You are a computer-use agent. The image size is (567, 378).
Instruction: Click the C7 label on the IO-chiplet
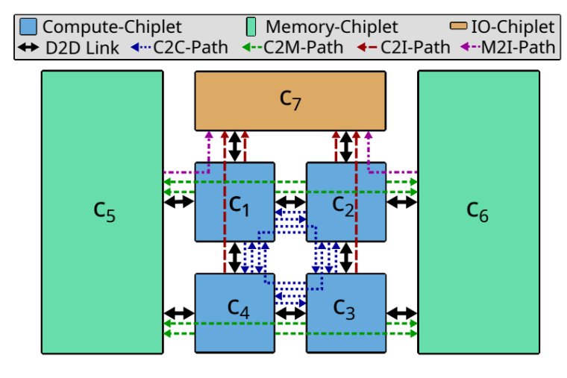coord(289,100)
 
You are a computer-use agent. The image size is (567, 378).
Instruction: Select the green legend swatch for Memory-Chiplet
coord(254,28)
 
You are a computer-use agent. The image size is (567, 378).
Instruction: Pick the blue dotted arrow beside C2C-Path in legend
coord(145,48)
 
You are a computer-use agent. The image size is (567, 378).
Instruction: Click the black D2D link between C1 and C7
coord(235,146)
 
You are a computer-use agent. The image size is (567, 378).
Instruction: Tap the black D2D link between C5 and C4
coord(179,313)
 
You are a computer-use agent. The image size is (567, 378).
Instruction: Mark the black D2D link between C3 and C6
coord(401,313)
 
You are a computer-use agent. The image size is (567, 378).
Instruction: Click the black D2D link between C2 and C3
coord(346,257)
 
